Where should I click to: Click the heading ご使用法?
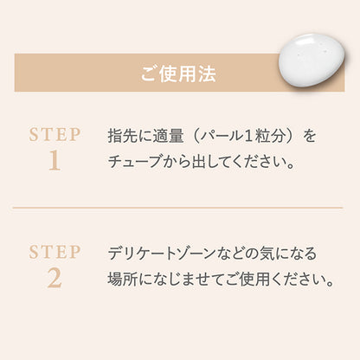(x=179, y=74)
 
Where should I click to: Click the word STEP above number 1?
(x=55, y=135)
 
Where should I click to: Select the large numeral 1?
(x=55, y=161)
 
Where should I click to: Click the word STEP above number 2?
(x=55, y=253)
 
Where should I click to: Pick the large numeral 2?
(x=55, y=279)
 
